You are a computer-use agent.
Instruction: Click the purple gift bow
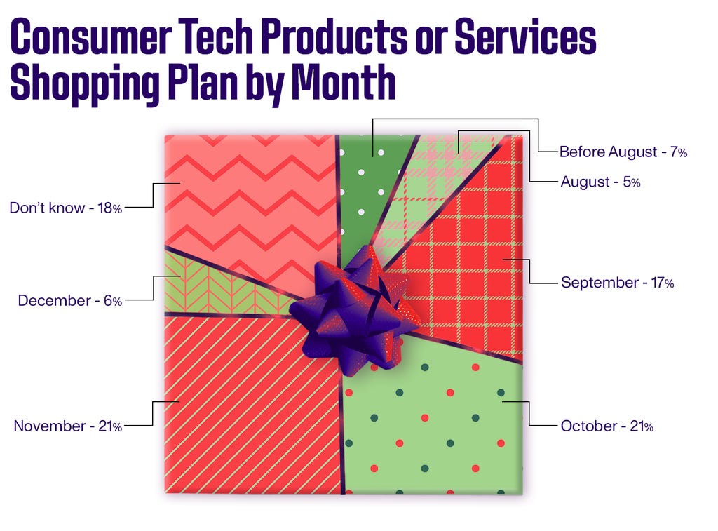point(355,308)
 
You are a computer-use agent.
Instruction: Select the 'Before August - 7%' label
point(623,152)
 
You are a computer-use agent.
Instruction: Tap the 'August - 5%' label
point(600,182)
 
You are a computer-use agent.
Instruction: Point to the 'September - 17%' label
point(617,282)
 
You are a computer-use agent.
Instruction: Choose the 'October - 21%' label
point(607,426)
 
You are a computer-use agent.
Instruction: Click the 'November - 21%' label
point(68,426)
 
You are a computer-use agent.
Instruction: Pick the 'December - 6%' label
point(70,300)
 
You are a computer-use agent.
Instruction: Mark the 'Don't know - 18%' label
point(66,208)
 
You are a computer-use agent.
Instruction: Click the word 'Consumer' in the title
point(92,36)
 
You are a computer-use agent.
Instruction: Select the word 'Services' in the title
point(525,36)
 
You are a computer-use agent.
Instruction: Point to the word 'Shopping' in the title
point(85,85)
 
